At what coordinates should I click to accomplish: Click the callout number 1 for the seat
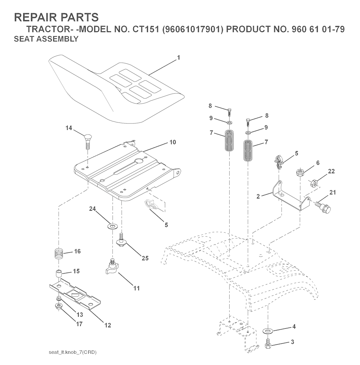coord(179,57)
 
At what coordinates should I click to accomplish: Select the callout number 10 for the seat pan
coord(173,142)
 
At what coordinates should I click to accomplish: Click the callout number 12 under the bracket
coord(108,325)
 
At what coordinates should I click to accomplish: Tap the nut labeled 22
coord(314,183)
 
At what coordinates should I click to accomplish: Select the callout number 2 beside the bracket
coord(258,196)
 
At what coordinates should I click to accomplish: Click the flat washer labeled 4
coord(270,331)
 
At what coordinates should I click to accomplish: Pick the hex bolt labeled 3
coord(269,343)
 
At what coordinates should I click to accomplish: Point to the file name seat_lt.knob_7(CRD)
coord(73,352)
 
